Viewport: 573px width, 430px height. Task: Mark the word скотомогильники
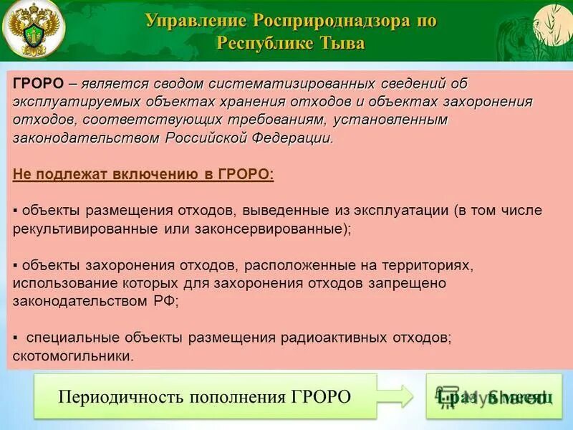(73, 355)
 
